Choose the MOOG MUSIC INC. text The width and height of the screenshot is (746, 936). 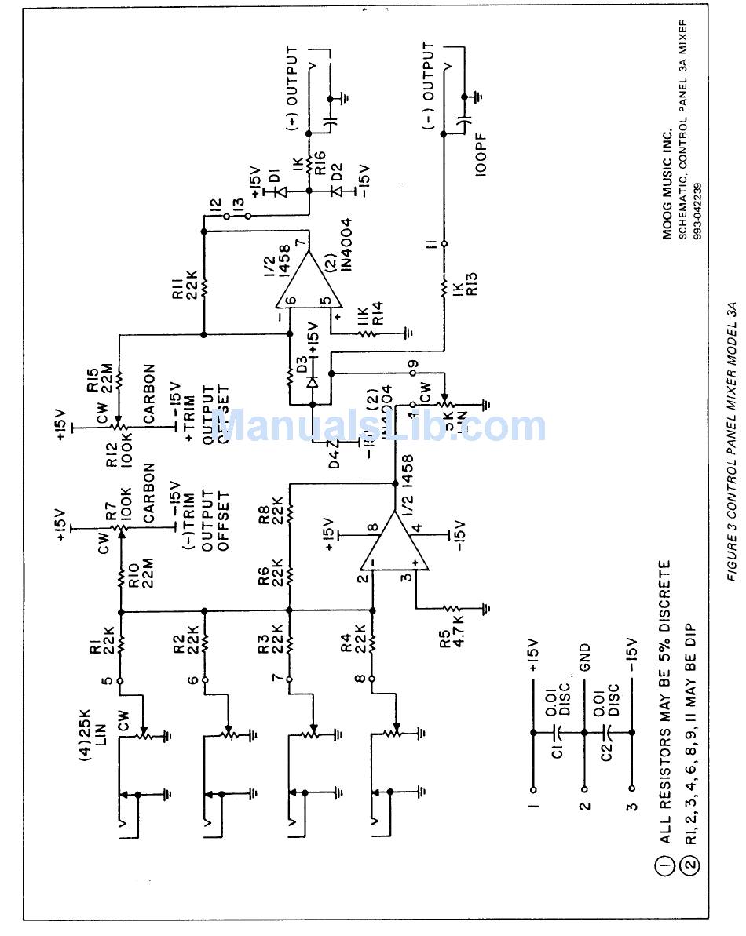coord(667,188)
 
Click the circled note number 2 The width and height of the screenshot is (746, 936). coord(689,866)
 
